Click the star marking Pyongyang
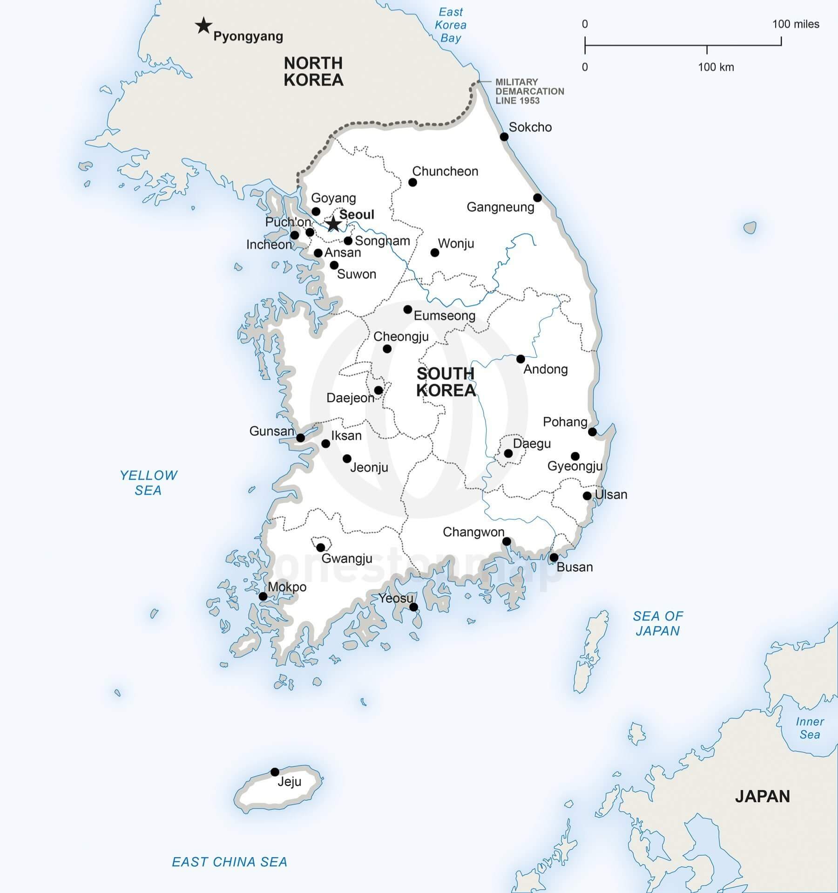(203, 26)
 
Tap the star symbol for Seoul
(333, 224)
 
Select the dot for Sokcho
(504, 136)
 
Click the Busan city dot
(554, 558)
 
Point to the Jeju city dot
(275, 772)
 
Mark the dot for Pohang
(592, 432)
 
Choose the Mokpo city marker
(263, 596)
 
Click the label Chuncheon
(445, 171)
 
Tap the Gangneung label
(500, 207)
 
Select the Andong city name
(546, 369)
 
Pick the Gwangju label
(347, 559)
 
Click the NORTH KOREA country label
(313, 71)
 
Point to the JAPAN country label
(763, 796)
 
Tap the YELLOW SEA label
(149, 483)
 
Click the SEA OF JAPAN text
(658, 623)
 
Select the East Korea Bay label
(451, 25)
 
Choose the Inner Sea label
(810, 728)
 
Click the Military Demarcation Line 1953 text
(529, 91)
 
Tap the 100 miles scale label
(796, 24)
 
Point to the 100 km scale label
(716, 67)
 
